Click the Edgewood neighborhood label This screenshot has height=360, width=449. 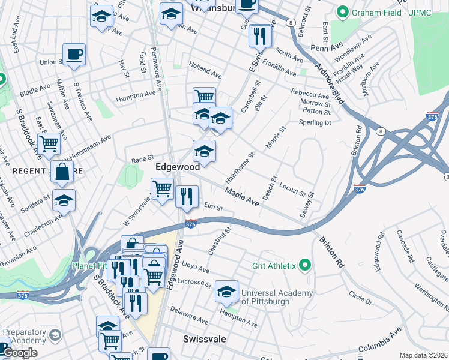tap(178, 167)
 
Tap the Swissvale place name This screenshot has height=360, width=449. tap(204, 339)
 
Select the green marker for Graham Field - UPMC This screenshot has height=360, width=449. tap(343, 12)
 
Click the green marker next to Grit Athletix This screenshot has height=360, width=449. tap(305, 265)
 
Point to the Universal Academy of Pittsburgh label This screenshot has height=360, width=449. tap(277, 297)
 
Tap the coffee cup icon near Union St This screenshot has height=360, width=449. tap(74, 55)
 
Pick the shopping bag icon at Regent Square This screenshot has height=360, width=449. tap(62, 172)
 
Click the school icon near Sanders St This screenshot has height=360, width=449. tap(64, 200)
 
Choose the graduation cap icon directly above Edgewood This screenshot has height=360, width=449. tap(204, 151)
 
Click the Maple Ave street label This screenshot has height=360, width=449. tap(242, 197)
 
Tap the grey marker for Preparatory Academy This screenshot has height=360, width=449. tap(55, 334)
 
